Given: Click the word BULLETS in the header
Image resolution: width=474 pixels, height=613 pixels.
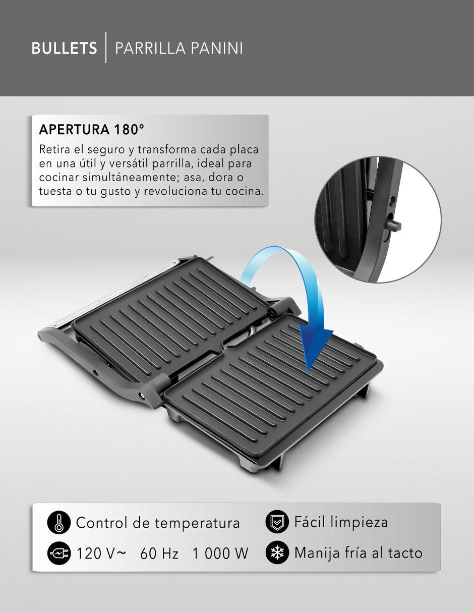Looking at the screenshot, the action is (64, 48).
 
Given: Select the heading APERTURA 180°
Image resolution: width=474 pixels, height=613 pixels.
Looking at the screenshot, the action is (92, 130).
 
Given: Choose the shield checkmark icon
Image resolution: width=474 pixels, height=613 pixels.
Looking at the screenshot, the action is (277, 522).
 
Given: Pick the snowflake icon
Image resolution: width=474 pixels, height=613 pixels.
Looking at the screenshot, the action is (277, 552).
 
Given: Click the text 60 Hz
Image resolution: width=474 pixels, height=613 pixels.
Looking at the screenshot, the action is (159, 553).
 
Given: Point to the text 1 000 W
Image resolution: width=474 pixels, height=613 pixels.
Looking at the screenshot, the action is (220, 553).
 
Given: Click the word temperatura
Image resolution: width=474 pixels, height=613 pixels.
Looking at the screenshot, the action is (197, 523).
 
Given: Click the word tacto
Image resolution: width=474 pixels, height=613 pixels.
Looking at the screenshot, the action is (405, 553).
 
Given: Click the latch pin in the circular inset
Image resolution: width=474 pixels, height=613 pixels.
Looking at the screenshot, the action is (394, 225).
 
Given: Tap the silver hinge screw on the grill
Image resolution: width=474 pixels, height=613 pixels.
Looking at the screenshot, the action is (143, 396).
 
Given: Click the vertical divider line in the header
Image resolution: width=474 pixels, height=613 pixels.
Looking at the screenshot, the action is (106, 47).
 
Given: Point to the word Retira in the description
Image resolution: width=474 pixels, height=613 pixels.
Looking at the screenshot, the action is (54, 149).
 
